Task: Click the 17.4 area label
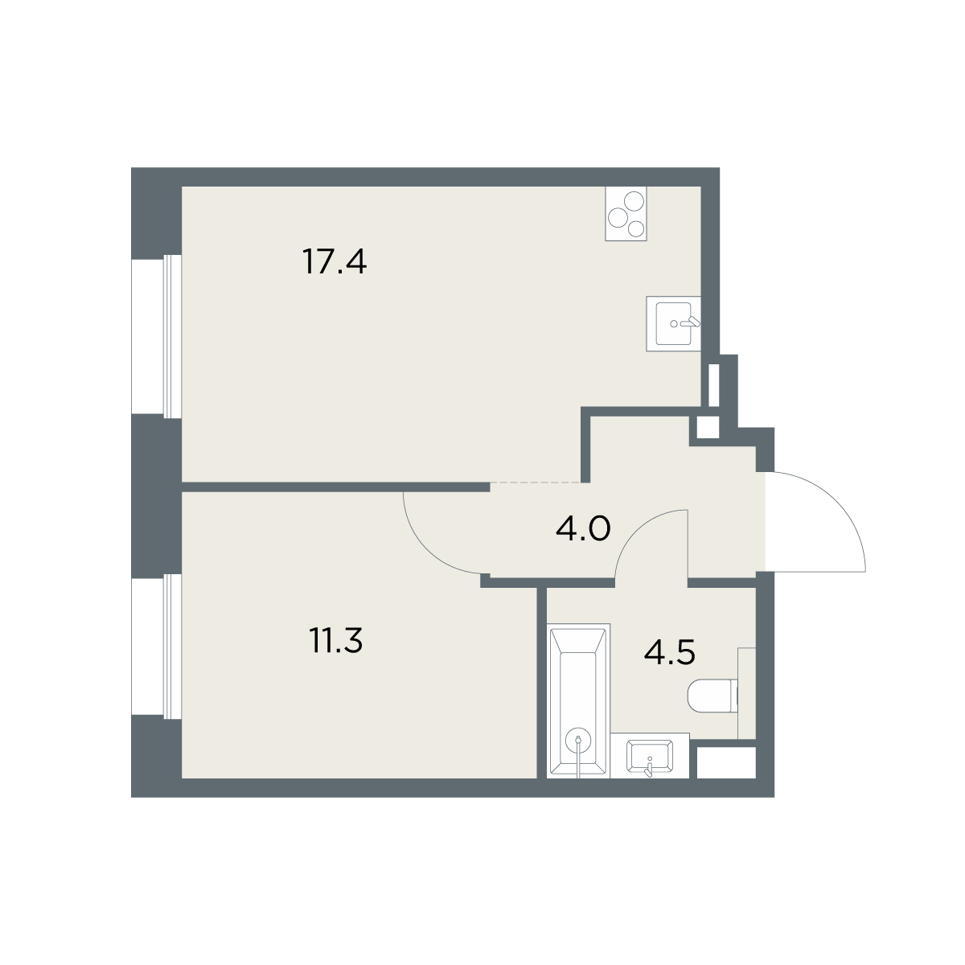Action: [x=335, y=262]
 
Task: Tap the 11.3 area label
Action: [x=335, y=640]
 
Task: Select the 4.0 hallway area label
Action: [x=583, y=528]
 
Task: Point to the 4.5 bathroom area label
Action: [x=670, y=652]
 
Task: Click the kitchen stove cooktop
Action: [x=626, y=213]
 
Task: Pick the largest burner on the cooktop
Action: [x=634, y=201]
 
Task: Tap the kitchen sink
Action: [x=673, y=323]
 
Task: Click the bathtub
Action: [x=578, y=700]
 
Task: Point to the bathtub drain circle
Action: [x=578, y=740]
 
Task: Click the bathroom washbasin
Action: [x=650, y=756]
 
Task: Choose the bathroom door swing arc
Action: [x=636, y=531]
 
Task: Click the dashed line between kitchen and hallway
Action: [x=536, y=482]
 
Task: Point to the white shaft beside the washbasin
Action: [x=726, y=763]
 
